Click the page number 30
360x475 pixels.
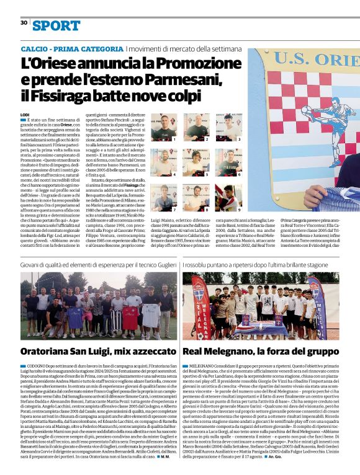pos(24,22)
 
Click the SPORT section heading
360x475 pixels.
pos(56,25)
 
